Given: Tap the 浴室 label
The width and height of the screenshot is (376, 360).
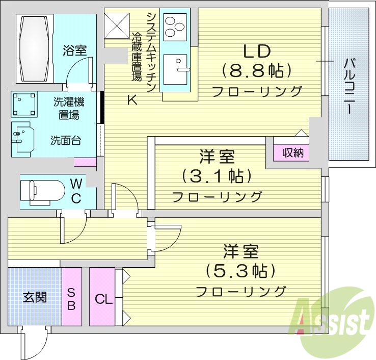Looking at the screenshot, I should [74, 50].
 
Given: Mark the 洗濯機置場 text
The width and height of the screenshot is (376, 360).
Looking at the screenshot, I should [68, 108].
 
